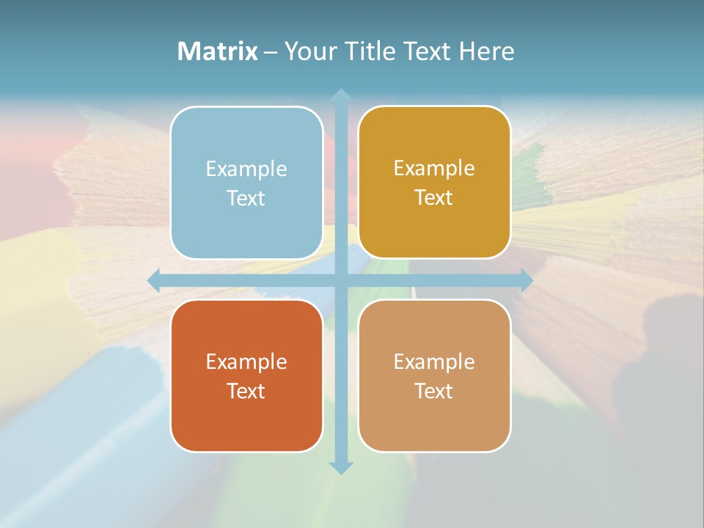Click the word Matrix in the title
tap(217, 51)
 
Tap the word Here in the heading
tap(486, 51)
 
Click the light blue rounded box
tap(246, 183)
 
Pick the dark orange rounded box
tap(246, 375)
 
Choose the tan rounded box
tap(434, 375)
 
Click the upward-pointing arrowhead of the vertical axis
tap(340, 95)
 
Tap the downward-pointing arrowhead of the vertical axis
tap(340, 467)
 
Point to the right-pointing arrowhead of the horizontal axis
tap(526, 281)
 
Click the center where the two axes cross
tap(340, 281)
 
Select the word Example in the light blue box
tap(246, 169)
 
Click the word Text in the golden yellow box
tap(434, 197)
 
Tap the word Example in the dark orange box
tap(246, 362)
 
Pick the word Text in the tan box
tap(434, 391)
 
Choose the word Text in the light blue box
tap(246, 198)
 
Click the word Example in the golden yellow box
tap(434, 168)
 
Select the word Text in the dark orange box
tap(246, 391)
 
